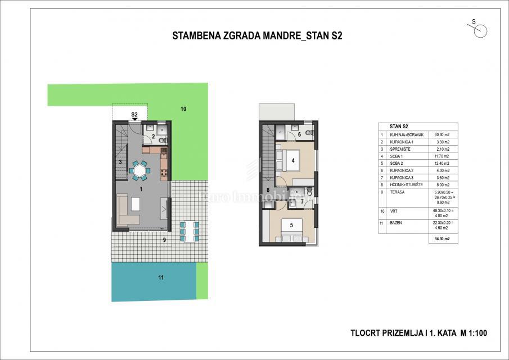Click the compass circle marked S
480,32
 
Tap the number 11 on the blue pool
160,277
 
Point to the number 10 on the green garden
183,109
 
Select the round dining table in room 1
139,169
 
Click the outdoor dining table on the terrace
188,231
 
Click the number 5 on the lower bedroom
291,226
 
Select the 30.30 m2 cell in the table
442,134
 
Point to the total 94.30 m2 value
442,239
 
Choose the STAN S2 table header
391,126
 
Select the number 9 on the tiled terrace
164,240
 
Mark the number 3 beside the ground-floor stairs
120,162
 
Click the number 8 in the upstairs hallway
268,190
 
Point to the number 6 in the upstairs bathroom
299,134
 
